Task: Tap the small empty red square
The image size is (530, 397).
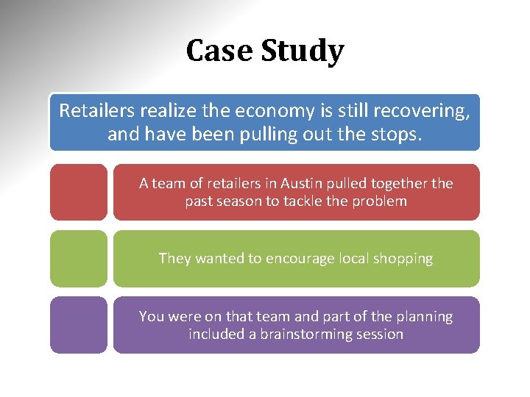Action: [79, 192]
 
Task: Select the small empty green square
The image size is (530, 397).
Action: [79, 258]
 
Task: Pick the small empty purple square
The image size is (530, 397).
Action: [79, 324]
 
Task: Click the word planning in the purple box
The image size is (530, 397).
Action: [423, 317]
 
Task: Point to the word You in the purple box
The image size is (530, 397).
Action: [151, 316]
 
